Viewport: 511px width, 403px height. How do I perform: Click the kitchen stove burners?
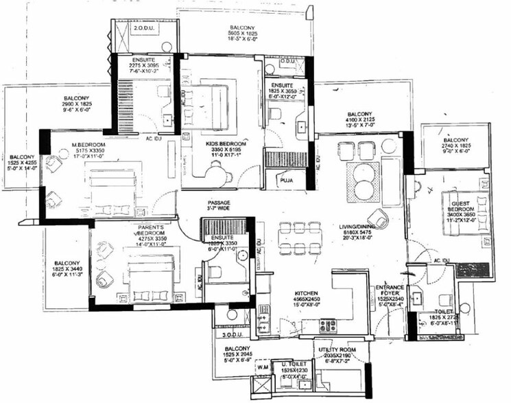[x=327, y=325]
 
